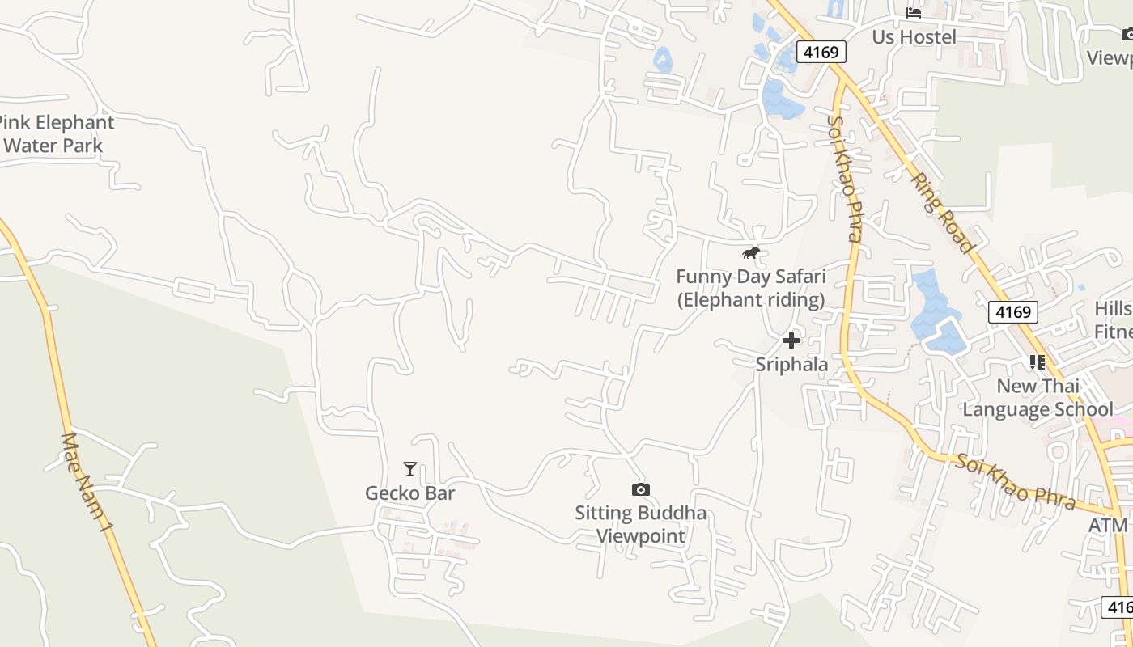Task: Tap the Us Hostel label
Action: pos(914,36)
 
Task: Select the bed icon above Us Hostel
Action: pos(914,13)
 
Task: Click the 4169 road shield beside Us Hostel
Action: pos(821,52)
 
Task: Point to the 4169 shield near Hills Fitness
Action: pos(1012,312)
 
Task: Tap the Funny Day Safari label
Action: pos(751,288)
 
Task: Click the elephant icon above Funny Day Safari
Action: pos(751,253)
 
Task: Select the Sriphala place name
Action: pos(791,364)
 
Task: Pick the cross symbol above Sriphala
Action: pos(791,340)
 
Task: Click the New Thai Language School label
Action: pos(1038,397)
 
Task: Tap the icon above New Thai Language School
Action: pos(1038,362)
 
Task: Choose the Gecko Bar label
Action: pos(410,493)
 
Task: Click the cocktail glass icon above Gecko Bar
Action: pos(410,469)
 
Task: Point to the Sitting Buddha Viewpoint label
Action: pos(640,524)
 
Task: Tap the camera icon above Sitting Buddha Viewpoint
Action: pos(640,489)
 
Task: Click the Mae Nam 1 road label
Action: pos(87,482)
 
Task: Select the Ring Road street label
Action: pos(942,211)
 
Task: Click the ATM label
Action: pos(1108,525)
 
